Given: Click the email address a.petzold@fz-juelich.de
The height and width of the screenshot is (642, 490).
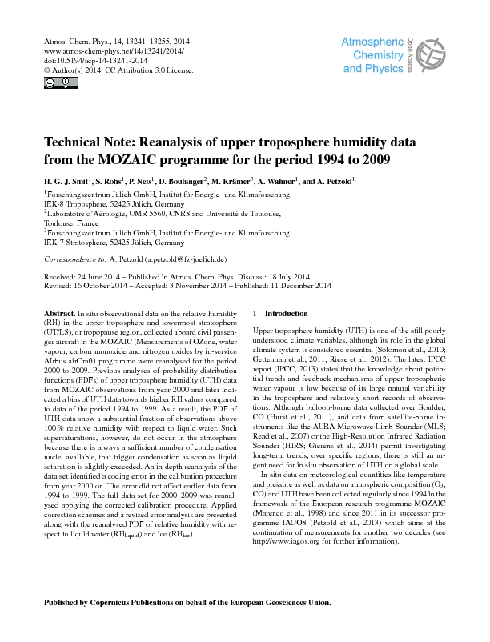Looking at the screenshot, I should [x=185, y=259].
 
